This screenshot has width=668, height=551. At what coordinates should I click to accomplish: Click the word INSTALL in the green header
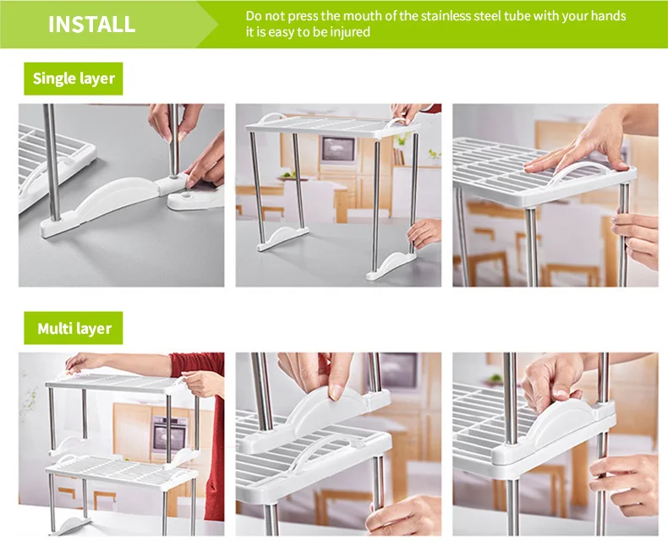click(x=91, y=24)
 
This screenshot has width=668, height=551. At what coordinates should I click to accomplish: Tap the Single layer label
click(x=73, y=79)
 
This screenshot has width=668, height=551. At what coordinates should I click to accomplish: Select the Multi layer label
click(x=74, y=328)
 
